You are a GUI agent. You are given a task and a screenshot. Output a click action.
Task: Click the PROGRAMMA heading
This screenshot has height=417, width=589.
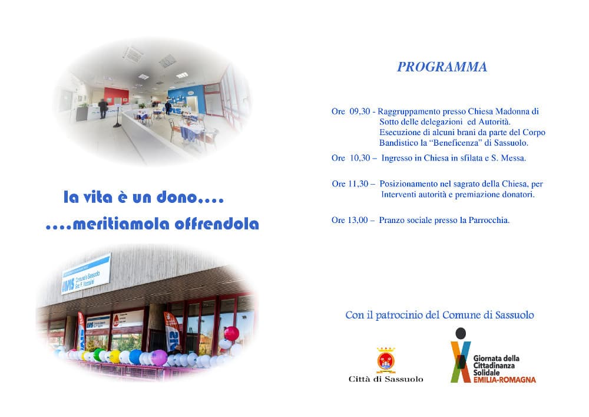442,67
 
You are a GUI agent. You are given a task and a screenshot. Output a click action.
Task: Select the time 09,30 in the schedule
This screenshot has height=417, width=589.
360,111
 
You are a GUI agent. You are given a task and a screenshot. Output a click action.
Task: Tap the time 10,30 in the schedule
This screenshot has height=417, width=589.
360,158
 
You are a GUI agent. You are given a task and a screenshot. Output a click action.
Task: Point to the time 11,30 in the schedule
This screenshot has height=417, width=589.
358,184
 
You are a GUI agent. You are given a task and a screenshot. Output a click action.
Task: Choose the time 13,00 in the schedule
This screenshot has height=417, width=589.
358,220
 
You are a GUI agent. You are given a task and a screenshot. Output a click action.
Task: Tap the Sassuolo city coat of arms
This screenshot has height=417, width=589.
386,360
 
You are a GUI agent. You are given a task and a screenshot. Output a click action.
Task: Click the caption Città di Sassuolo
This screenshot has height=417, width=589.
386,379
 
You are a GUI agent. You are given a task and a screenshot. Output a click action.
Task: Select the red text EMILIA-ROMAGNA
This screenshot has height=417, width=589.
505,380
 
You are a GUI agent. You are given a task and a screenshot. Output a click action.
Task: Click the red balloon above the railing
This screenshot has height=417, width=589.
231,333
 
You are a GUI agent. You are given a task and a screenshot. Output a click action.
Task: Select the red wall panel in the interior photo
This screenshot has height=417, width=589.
116,96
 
